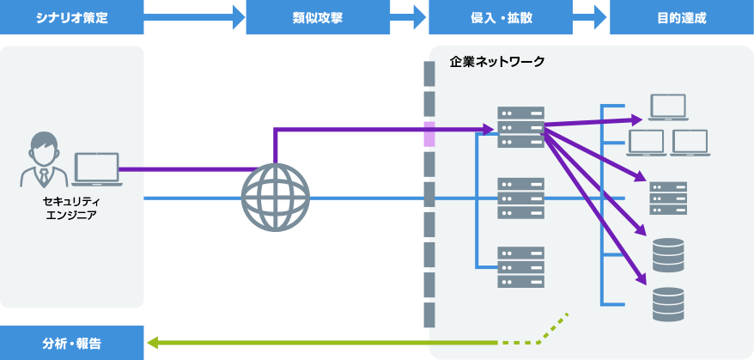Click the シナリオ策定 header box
(x=72, y=17)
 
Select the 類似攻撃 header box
(x=318, y=17)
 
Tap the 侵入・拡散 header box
(x=500, y=17)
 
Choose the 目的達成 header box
(x=681, y=17)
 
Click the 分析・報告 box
(x=72, y=343)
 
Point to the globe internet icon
(x=275, y=198)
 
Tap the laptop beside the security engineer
(x=95, y=169)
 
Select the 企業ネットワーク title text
(x=497, y=63)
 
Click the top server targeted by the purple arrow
(x=520, y=127)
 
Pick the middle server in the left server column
(x=520, y=198)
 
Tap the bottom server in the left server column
(x=520, y=267)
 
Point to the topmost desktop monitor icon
(x=668, y=107)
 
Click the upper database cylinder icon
(x=668, y=254)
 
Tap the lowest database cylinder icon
(x=668, y=302)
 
